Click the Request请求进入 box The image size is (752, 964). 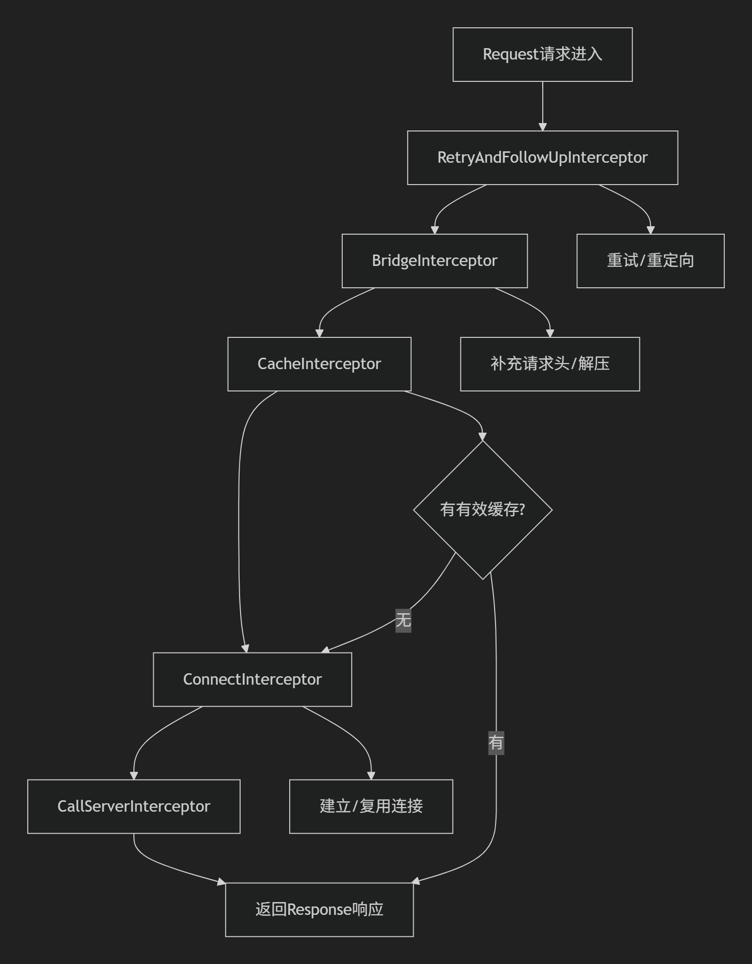click(x=542, y=55)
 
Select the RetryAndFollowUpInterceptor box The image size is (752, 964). click(x=542, y=158)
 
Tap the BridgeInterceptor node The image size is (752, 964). click(x=435, y=261)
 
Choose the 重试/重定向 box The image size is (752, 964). click(x=650, y=261)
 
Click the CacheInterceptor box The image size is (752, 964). click(x=319, y=364)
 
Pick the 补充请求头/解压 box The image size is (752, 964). click(x=550, y=364)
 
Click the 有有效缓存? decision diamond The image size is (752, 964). click(x=483, y=510)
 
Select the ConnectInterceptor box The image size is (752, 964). click(x=252, y=680)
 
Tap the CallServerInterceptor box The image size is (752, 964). click(x=133, y=807)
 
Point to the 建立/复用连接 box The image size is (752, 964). click(x=371, y=807)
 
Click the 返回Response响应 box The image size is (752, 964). click(x=319, y=910)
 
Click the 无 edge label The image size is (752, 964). click(x=403, y=620)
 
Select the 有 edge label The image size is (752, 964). click(x=496, y=743)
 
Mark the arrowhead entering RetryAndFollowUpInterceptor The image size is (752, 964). click(x=542, y=127)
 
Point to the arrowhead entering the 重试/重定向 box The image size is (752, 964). click(x=650, y=230)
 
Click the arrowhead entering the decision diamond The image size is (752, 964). click(x=483, y=437)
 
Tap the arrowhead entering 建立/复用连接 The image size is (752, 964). click(x=371, y=776)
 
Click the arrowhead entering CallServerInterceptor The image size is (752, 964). click(x=133, y=776)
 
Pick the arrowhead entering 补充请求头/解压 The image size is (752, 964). click(x=550, y=333)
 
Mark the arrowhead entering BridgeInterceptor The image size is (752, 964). click(x=435, y=230)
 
